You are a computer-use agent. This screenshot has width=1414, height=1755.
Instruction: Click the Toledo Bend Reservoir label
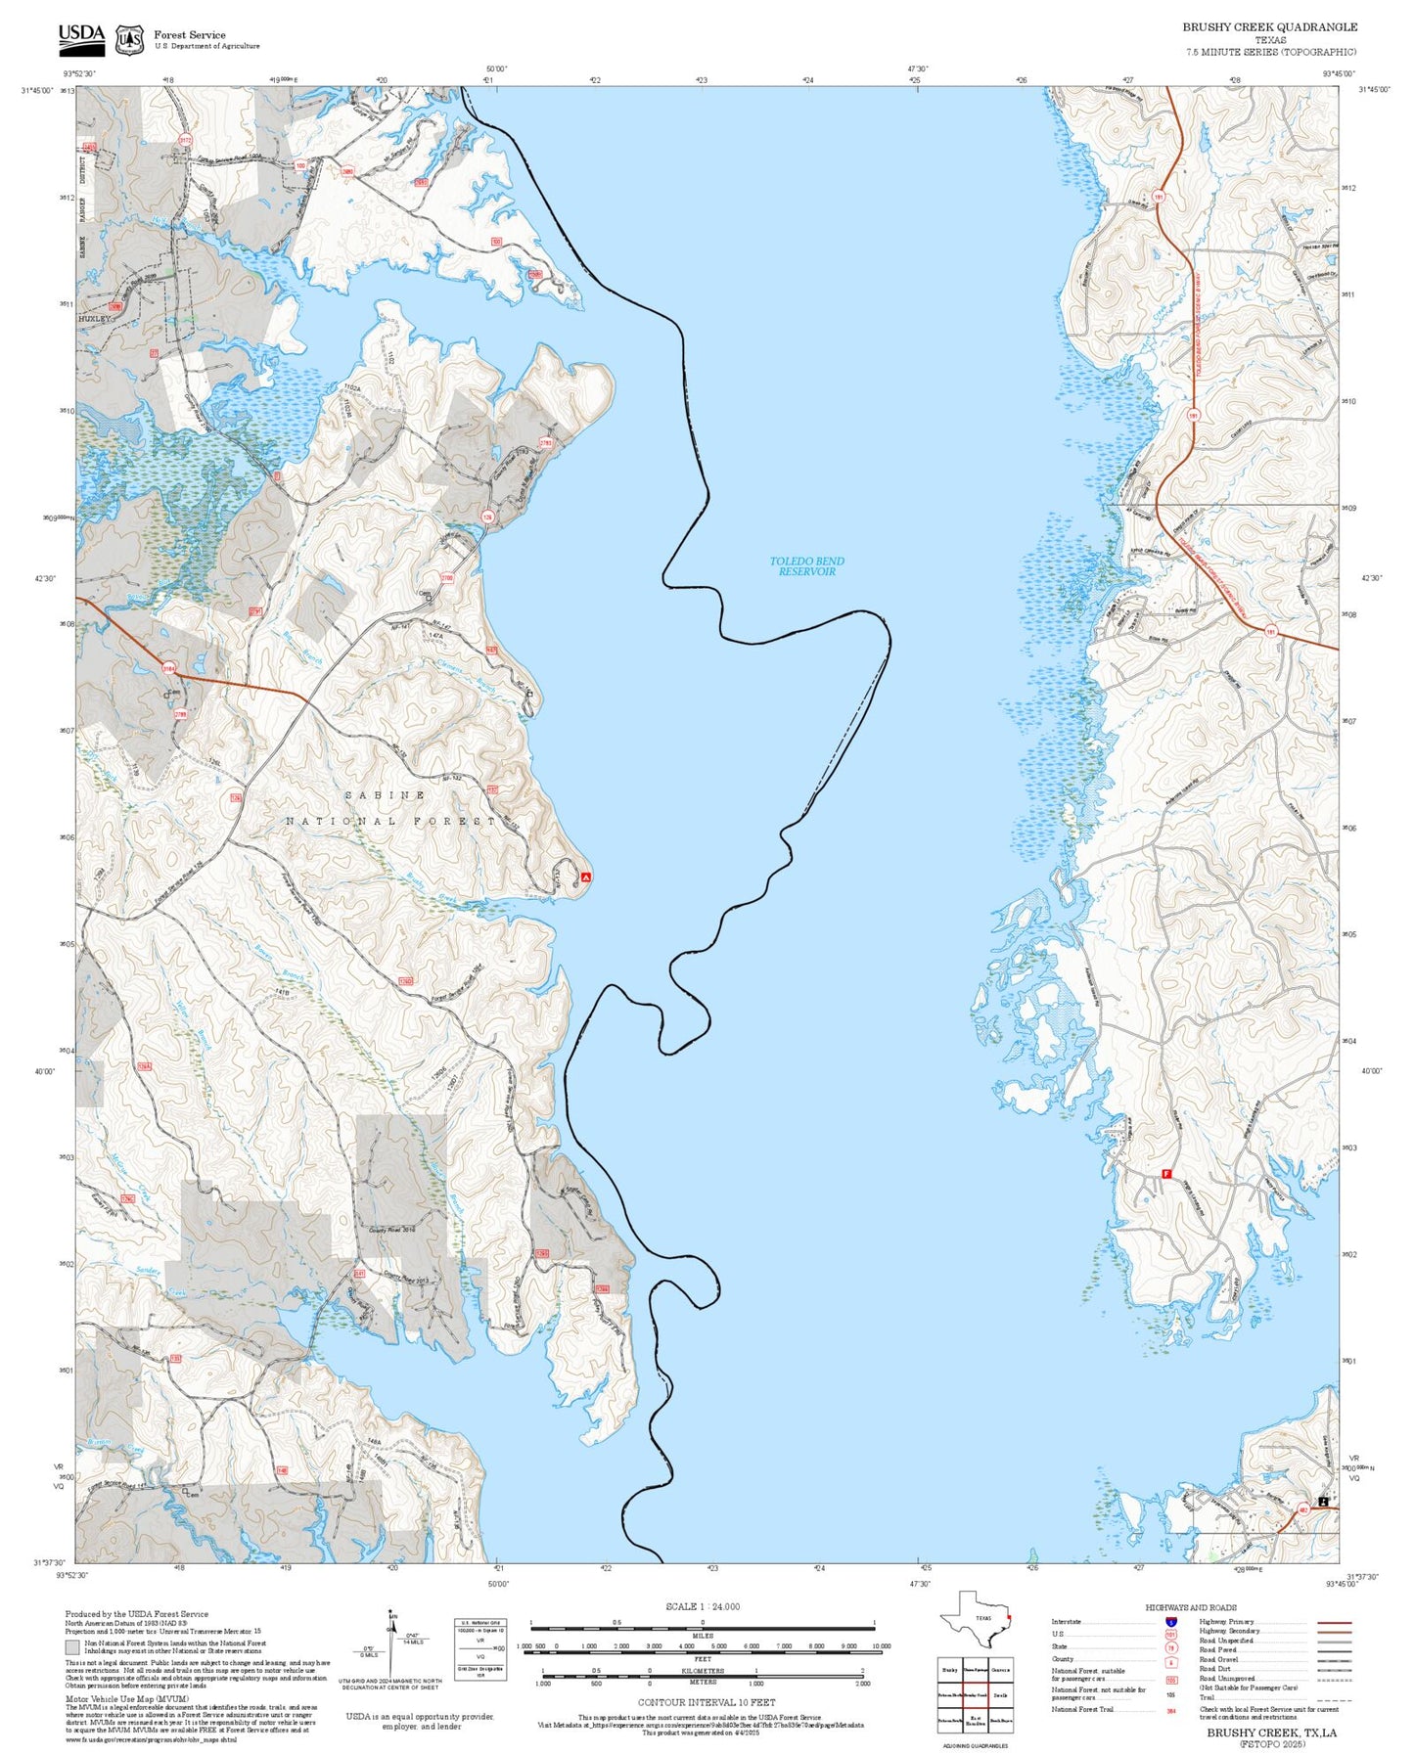(x=806, y=566)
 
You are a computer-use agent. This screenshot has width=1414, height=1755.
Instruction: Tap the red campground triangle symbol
(x=586, y=877)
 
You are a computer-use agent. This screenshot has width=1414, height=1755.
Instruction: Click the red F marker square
(x=1165, y=1174)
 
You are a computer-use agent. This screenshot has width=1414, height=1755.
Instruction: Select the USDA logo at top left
(x=81, y=38)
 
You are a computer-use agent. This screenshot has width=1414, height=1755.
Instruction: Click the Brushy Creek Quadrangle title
(x=1269, y=27)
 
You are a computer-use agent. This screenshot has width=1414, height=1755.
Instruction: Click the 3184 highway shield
(x=169, y=669)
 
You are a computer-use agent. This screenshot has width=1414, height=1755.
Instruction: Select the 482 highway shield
(x=1304, y=1510)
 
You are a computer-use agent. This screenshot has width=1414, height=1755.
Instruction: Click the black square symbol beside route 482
(x=1323, y=1502)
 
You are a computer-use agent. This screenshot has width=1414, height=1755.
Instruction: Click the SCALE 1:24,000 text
(x=702, y=1606)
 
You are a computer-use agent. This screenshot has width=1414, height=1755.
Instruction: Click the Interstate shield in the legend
(x=1171, y=1622)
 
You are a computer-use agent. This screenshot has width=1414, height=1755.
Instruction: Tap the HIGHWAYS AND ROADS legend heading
(x=1190, y=1607)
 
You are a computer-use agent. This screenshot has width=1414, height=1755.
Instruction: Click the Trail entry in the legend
(x=1208, y=1697)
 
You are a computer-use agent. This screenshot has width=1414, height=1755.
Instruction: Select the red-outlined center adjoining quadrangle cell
(x=975, y=1696)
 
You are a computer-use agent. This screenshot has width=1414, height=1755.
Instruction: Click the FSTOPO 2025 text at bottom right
(x=1271, y=1743)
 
